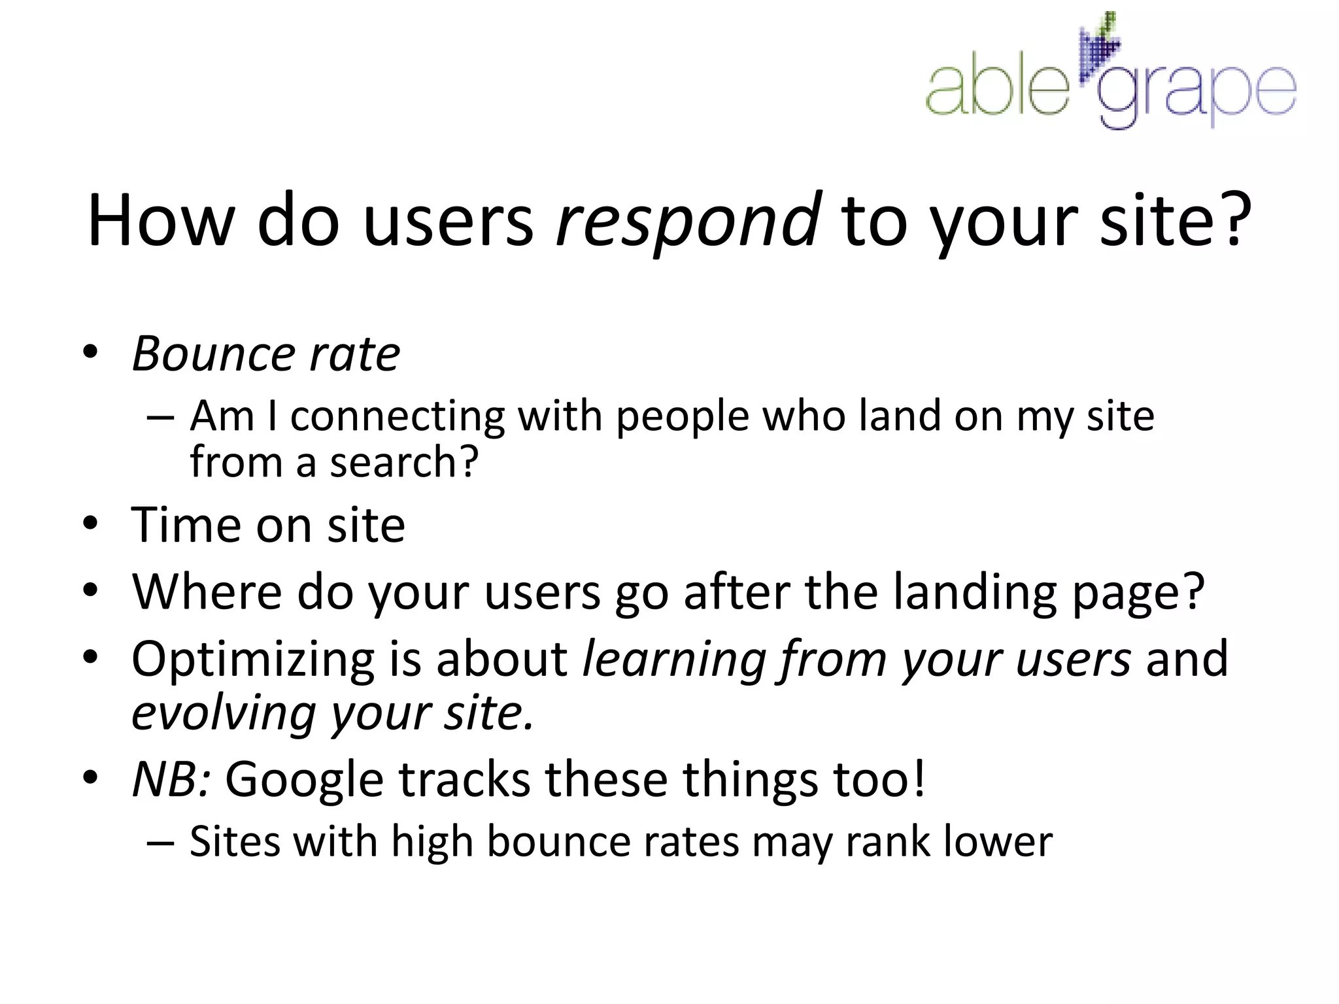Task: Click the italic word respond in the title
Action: [x=688, y=222]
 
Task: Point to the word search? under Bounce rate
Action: [x=404, y=462]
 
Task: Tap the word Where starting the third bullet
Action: [x=207, y=592]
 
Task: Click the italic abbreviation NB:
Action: [x=171, y=779]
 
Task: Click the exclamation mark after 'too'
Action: [x=919, y=778]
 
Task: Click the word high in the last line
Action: [x=432, y=843]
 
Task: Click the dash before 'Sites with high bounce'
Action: [x=160, y=843]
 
